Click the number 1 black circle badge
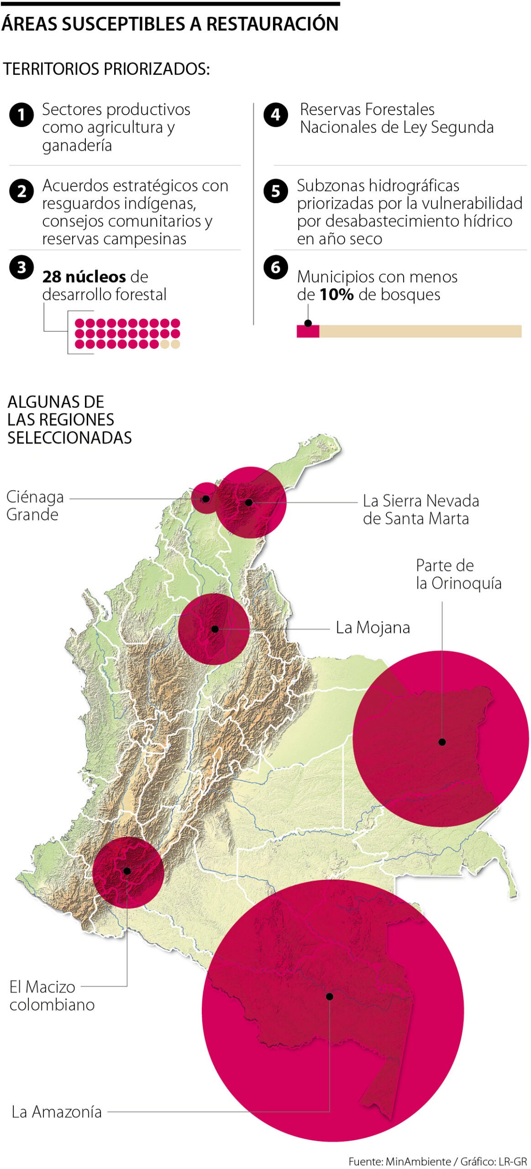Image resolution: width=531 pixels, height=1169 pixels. tap(21, 115)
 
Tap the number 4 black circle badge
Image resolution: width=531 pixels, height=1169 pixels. tap(276, 115)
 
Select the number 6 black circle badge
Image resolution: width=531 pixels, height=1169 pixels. tap(276, 267)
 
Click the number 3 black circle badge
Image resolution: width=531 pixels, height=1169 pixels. tap(21, 267)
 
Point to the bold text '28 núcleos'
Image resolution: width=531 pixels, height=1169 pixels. tap(84, 277)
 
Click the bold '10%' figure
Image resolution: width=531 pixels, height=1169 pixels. tap(336, 295)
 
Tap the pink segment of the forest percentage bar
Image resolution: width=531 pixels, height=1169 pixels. tap(308, 331)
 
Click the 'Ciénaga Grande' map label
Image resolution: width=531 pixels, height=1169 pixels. tap(35, 506)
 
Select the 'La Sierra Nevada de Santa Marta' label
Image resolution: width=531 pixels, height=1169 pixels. tap(421, 510)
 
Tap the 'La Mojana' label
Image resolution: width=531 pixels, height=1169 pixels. tap(373, 627)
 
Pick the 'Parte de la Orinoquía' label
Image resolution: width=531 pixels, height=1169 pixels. tap(458, 574)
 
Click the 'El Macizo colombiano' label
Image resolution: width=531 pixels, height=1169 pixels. tap(52, 995)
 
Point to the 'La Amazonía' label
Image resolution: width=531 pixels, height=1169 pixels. tap(57, 1111)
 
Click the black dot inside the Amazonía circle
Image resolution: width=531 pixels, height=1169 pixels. tap(330, 996)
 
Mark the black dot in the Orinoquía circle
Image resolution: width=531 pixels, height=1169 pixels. tap(442, 742)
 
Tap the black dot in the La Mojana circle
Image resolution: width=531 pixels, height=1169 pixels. tap(215, 629)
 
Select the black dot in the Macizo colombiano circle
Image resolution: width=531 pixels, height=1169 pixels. tap(127, 871)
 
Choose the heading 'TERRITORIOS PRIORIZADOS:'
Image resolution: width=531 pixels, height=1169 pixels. tap(106, 69)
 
